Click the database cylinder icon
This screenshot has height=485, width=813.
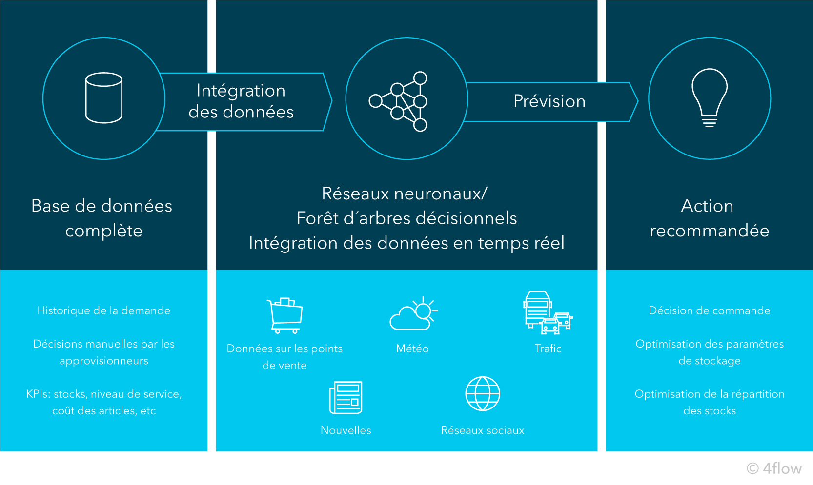[103, 98]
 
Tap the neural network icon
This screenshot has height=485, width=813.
[398, 101]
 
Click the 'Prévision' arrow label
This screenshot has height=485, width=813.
[549, 101]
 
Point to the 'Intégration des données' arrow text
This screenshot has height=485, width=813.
[241, 101]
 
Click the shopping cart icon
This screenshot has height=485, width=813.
[285, 315]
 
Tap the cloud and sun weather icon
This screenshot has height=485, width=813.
[413, 314]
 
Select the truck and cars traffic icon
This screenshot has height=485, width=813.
[547, 313]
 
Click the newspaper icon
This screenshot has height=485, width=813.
[346, 398]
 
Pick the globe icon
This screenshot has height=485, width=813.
[483, 394]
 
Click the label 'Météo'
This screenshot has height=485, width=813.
[412, 349]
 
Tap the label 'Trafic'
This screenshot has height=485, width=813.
[548, 349]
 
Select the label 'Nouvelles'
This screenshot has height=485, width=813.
[346, 430]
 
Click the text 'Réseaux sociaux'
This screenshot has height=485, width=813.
[483, 430]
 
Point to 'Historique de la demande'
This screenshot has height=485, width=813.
[104, 310]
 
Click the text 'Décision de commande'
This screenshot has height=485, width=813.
[710, 310]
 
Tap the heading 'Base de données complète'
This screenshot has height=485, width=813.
[102, 218]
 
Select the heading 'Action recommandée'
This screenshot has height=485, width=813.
[709, 218]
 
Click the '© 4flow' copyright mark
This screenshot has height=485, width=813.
[774, 468]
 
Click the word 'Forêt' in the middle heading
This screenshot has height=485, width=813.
[317, 218]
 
